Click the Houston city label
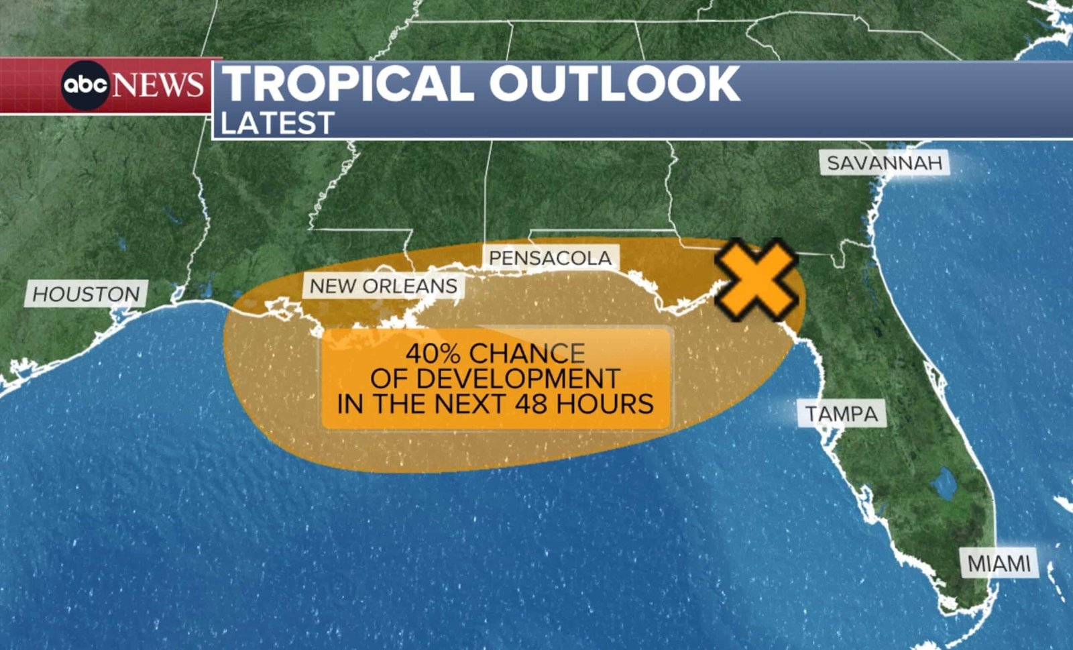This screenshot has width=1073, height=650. [86, 294]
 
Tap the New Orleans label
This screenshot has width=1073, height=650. [383, 286]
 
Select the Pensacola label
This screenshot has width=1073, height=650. [550, 258]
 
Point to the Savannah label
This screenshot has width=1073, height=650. [885, 163]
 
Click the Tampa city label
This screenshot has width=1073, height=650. [842, 414]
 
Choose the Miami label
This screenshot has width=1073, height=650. [999, 564]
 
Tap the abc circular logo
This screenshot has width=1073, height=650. [85, 85]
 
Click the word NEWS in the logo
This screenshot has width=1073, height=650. [158, 85]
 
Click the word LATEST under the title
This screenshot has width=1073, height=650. [277, 123]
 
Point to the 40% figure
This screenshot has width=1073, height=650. [433, 354]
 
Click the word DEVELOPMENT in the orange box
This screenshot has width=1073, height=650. [518, 379]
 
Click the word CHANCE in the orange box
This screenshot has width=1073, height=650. [527, 354]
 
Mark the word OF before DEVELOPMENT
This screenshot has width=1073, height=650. [387, 379]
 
